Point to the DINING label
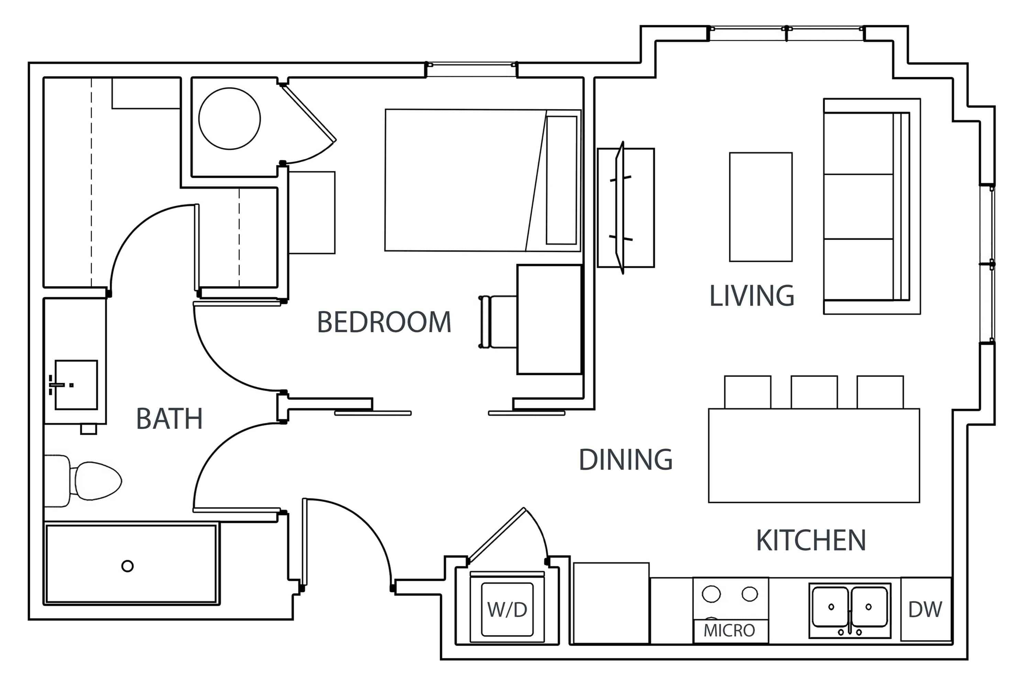(x=625, y=460)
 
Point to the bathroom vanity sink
(x=76, y=385)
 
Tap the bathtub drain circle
(x=127, y=566)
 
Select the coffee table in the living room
(x=761, y=207)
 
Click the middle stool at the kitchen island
(x=814, y=392)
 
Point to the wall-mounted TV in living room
(x=620, y=207)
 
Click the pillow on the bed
(x=561, y=180)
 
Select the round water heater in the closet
(x=229, y=118)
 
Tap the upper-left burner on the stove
(x=711, y=594)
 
